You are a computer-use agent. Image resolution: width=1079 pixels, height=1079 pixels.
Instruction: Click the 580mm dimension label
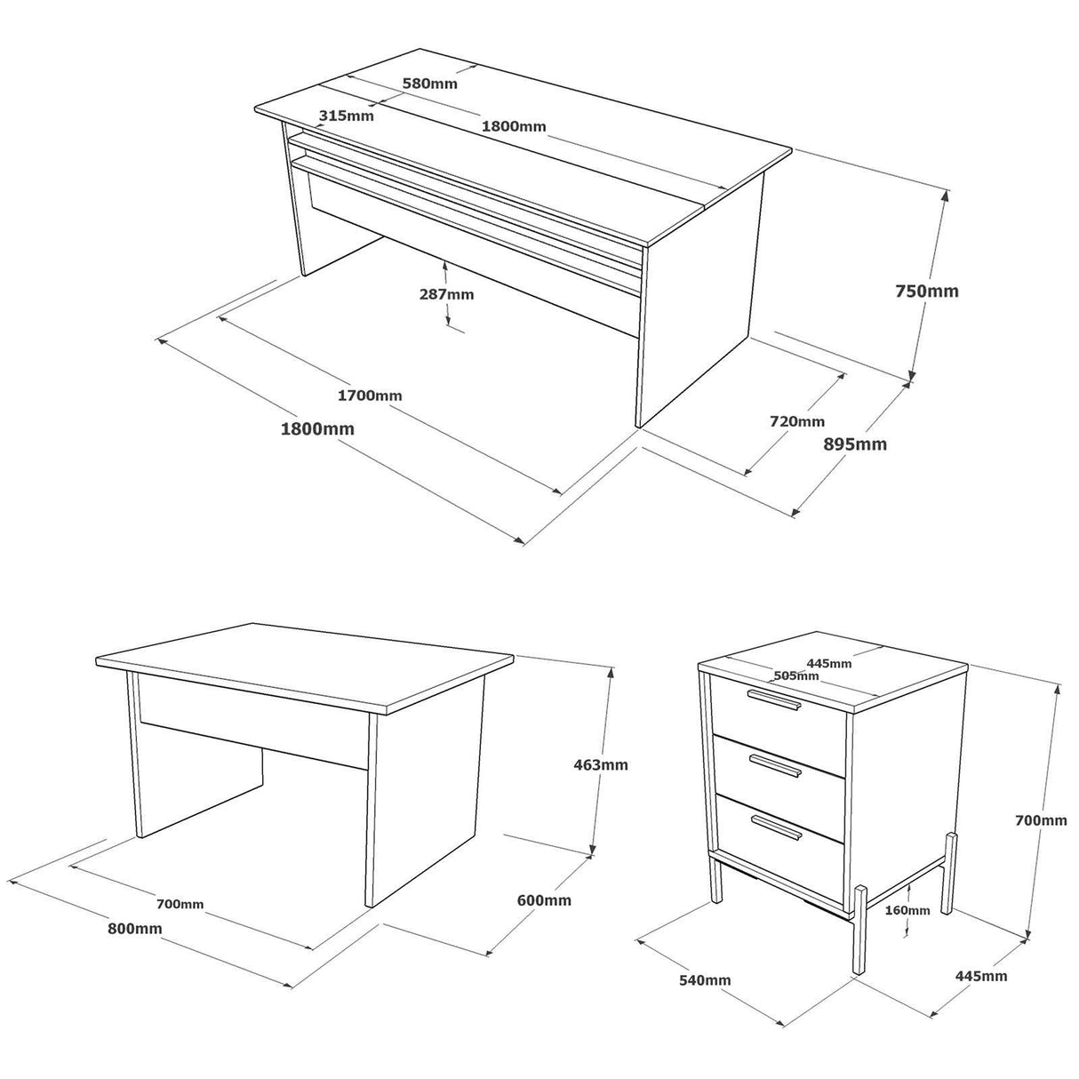click(x=429, y=84)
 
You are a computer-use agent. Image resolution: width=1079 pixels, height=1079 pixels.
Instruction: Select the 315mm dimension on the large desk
click(x=347, y=116)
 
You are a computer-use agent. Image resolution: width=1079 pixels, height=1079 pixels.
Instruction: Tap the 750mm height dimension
click(x=927, y=291)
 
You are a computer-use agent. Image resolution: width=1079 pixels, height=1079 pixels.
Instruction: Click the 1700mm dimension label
click(x=370, y=395)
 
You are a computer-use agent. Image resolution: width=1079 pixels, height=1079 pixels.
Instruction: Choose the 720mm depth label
click(x=797, y=421)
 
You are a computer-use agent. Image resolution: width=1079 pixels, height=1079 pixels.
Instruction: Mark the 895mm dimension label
click(x=856, y=444)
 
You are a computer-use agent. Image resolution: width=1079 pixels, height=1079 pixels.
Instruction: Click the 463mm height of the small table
click(x=601, y=764)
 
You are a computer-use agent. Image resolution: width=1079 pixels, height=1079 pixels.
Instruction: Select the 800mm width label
click(x=134, y=929)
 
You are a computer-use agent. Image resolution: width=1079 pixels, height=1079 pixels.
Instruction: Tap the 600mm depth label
click(x=544, y=900)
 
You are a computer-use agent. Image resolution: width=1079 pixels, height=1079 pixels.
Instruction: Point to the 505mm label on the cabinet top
click(x=795, y=675)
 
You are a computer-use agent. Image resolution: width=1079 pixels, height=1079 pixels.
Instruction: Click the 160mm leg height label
click(x=907, y=910)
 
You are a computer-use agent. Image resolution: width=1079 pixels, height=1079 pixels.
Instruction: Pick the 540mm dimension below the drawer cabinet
click(x=704, y=979)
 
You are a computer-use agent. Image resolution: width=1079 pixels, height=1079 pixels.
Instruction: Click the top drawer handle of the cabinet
click(x=773, y=699)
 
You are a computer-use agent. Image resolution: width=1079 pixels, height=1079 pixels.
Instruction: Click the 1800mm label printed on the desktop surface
click(x=514, y=126)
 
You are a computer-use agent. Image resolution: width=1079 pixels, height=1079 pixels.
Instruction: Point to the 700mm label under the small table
click(x=180, y=904)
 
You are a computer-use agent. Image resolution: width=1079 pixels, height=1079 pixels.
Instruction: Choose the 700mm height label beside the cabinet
click(x=1042, y=820)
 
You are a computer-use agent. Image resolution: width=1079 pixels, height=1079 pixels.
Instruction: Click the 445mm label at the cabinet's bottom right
click(x=981, y=976)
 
